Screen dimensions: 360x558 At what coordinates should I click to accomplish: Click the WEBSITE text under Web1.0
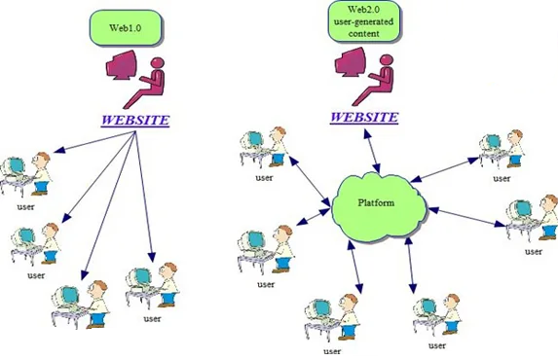pyautogui.click(x=135, y=121)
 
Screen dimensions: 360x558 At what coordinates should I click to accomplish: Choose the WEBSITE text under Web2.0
pyautogui.click(x=364, y=117)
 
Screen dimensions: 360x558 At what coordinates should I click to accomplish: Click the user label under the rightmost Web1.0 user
pyautogui.click(x=152, y=318)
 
